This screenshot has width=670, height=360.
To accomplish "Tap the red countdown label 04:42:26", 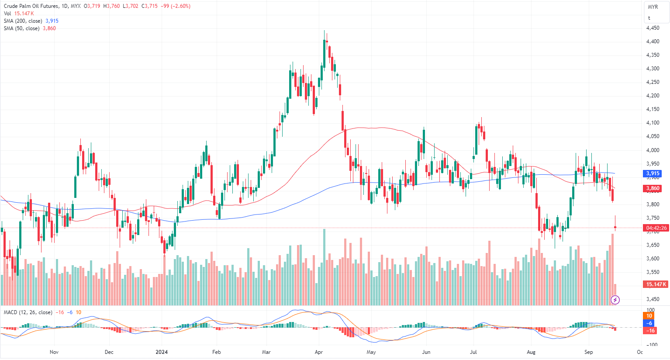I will coord(656,228).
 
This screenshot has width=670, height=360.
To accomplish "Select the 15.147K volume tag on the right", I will coord(656,284).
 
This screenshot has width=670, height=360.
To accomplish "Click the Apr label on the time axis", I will coord(318,352).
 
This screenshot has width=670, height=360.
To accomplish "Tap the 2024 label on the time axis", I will coord(162,352).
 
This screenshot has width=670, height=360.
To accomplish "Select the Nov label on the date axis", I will coord(54,352).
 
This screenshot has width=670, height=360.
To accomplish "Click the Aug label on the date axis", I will coord(531,352).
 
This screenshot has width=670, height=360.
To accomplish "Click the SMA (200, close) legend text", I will coord(23,21).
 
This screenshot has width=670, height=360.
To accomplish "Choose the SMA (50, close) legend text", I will coord(22,28).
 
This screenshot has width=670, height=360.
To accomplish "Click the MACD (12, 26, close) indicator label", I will coord(28,312).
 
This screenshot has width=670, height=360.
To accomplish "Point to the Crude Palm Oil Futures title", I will coord(31,6).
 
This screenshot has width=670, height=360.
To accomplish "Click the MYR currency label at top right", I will coord(653,7).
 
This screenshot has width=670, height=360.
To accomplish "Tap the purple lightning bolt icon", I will coord(615,300).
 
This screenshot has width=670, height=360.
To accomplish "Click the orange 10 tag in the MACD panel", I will coord(649,316).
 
